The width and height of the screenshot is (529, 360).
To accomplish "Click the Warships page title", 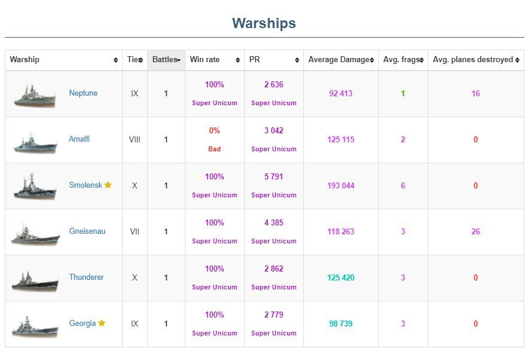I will click(264, 23).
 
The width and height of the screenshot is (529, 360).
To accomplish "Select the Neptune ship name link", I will click(83, 93).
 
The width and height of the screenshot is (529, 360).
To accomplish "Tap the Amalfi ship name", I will click(79, 139).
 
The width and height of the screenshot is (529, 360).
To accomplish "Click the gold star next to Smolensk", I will click(108, 185).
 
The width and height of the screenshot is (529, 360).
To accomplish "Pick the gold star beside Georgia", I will click(102, 324).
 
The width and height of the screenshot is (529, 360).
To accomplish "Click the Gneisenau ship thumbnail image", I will click(35, 234).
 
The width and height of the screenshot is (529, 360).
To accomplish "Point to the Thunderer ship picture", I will click(35, 280).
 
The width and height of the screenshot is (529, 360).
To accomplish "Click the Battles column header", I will click(165, 60).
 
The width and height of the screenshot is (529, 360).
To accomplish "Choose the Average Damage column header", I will click(339, 60).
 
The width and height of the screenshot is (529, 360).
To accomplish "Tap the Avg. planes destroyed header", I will click(473, 60).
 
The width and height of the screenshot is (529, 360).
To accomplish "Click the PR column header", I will click(255, 60).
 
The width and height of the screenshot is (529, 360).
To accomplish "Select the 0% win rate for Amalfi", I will click(214, 131).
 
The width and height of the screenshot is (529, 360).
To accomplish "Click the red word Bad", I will click(214, 149).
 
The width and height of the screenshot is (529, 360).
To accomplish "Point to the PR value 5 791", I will click(273, 177).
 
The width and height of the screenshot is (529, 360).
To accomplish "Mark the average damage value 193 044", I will click(340, 185).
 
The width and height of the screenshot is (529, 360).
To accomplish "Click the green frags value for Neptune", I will click(403, 93).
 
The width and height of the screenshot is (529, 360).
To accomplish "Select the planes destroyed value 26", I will click(475, 231).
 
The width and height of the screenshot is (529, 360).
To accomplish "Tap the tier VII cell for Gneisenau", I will click(135, 231).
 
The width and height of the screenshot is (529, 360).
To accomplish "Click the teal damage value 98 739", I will click(340, 324).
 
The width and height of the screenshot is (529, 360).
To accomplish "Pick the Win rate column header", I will click(205, 60).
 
